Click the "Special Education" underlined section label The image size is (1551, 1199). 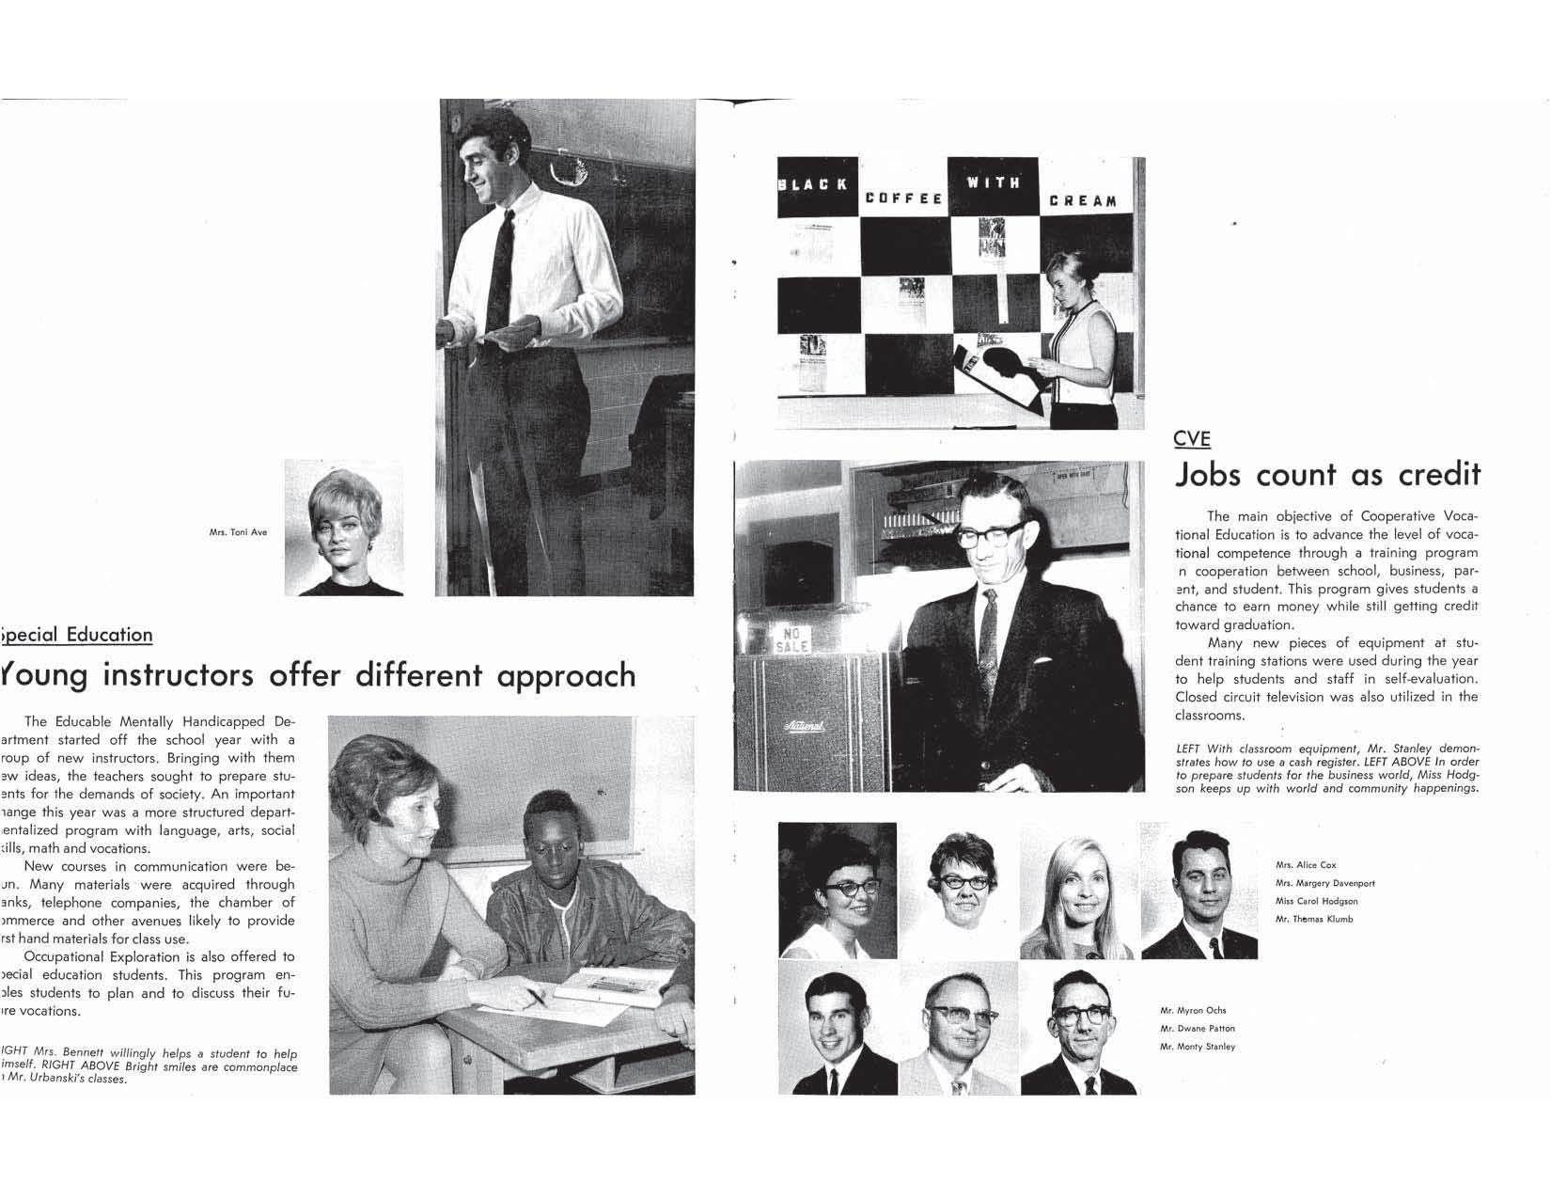[x=77, y=635]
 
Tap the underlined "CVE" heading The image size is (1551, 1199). [x=1192, y=438]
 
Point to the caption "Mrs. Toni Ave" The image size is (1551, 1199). [x=238, y=532]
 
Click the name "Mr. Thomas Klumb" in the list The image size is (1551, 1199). [x=1314, y=919]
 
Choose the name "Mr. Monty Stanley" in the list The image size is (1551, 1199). [x=1198, y=1047]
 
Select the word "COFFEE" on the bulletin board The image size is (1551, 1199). [x=903, y=198]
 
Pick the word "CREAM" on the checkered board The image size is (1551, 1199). [x=1083, y=201]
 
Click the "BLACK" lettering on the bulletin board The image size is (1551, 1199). [x=812, y=183]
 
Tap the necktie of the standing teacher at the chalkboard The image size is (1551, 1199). [x=500, y=273]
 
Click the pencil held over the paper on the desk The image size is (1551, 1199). [x=537, y=998]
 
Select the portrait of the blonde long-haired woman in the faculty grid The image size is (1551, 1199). [x=1079, y=891]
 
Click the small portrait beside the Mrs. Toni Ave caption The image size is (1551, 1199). [x=344, y=529]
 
